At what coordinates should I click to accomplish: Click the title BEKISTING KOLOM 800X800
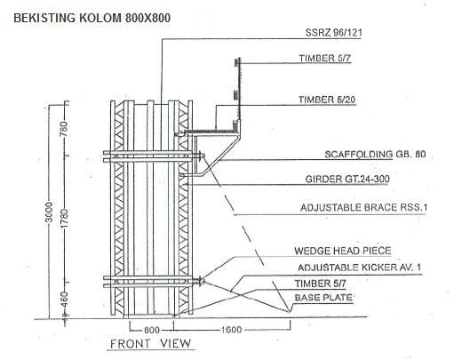[92, 18]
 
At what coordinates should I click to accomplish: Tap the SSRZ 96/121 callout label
[333, 32]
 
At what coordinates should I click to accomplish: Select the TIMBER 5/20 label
[327, 100]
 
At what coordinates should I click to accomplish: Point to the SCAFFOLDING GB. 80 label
[375, 154]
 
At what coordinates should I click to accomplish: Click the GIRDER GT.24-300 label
[347, 179]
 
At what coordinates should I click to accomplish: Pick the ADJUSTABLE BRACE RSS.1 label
[363, 207]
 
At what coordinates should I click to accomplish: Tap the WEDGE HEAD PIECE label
[343, 251]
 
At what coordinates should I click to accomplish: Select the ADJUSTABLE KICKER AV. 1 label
[359, 268]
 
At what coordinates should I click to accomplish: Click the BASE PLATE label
[323, 298]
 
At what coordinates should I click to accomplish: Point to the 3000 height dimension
[50, 212]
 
